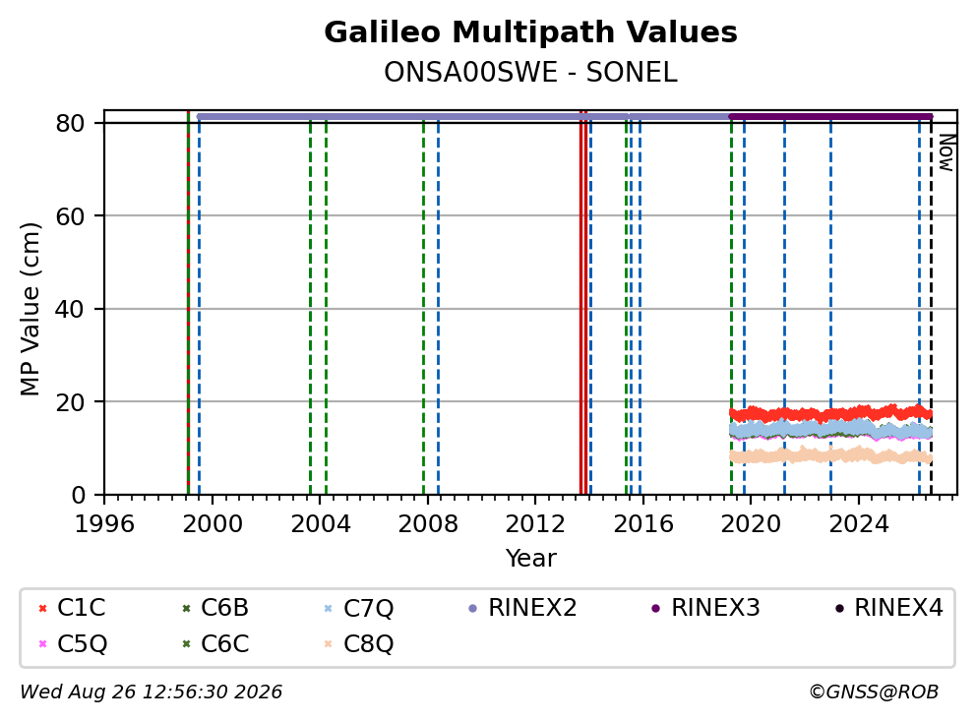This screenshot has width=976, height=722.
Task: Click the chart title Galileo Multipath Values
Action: pyautogui.click(x=530, y=32)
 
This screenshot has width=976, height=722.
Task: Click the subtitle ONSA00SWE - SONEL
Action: pyautogui.click(x=530, y=72)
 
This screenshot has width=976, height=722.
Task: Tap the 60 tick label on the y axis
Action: pyautogui.click(x=70, y=216)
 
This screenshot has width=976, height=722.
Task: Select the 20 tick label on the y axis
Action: pyautogui.click(x=70, y=402)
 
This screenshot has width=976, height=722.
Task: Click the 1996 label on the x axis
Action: pyautogui.click(x=104, y=524)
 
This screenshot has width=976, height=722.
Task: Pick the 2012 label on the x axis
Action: pyautogui.click(x=534, y=524)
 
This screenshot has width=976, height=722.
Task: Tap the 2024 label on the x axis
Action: pyautogui.click(x=858, y=524)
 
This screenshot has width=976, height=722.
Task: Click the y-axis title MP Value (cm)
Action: pyautogui.click(x=30, y=309)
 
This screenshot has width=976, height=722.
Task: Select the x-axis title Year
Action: pyautogui.click(x=530, y=559)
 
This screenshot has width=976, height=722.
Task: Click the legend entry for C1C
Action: pyautogui.click(x=72, y=608)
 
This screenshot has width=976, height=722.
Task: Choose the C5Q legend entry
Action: pyautogui.click(x=72, y=643)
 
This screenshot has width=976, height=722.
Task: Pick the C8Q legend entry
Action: pyautogui.click(x=358, y=643)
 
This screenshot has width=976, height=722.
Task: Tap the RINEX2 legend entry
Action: pyautogui.click(x=522, y=608)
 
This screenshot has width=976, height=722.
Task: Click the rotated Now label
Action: pyautogui.click(x=946, y=152)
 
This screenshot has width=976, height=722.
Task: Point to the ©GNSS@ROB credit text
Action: pyautogui.click(x=874, y=692)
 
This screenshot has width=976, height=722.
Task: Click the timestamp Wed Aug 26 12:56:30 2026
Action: pyautogui.click(x=152, y=692)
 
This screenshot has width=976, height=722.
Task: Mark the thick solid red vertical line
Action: pyautogui.click(x=583, y=303)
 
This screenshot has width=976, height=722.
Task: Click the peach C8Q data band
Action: pyautogui.click(x=830, y=455)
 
